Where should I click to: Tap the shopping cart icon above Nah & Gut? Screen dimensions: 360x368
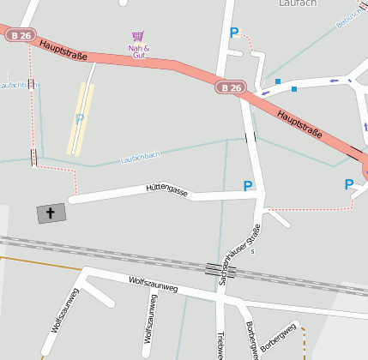pos(137,37)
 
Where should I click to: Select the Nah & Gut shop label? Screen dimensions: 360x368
pos(138,51)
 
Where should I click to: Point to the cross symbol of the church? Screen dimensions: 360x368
pos(51,213)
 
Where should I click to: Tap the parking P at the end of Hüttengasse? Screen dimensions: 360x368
pos(248,186)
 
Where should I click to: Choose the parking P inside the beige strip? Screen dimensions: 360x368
pos(79,119)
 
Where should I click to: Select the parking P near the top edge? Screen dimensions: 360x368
pos(233,33)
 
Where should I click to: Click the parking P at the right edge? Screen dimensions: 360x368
pos(348,184)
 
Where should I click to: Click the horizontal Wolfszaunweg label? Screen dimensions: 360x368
pos(153,285)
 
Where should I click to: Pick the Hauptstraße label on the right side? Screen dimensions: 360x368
pos(299,123)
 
